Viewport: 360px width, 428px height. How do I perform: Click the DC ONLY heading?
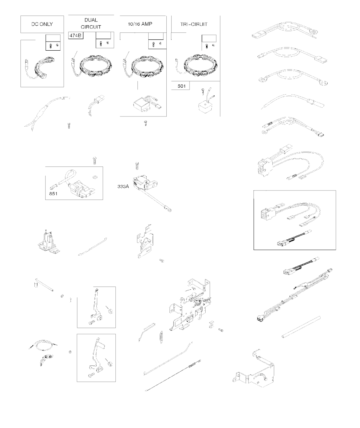(x=42, y=24)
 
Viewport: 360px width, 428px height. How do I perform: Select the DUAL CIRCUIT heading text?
(x=91, y=23)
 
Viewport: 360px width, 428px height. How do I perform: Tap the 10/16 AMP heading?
(x=140, y=24)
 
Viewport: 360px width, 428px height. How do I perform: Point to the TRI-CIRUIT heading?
(x=194, y=24)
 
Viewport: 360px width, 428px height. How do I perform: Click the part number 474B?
(x=75, y=36)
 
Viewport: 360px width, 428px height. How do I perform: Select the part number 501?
(x=181, y=86)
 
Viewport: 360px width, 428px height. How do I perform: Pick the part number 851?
(x=53, y=194)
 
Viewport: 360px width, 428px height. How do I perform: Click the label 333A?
(x=123, y=186)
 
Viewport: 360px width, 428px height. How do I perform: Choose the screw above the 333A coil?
(x=137, y=166)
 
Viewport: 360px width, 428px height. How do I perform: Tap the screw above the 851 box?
(x=95, y=160)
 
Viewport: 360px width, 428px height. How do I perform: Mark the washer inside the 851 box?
(x=95, y=176)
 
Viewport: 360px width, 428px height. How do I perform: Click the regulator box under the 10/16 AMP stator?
(x=142, y=105)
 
